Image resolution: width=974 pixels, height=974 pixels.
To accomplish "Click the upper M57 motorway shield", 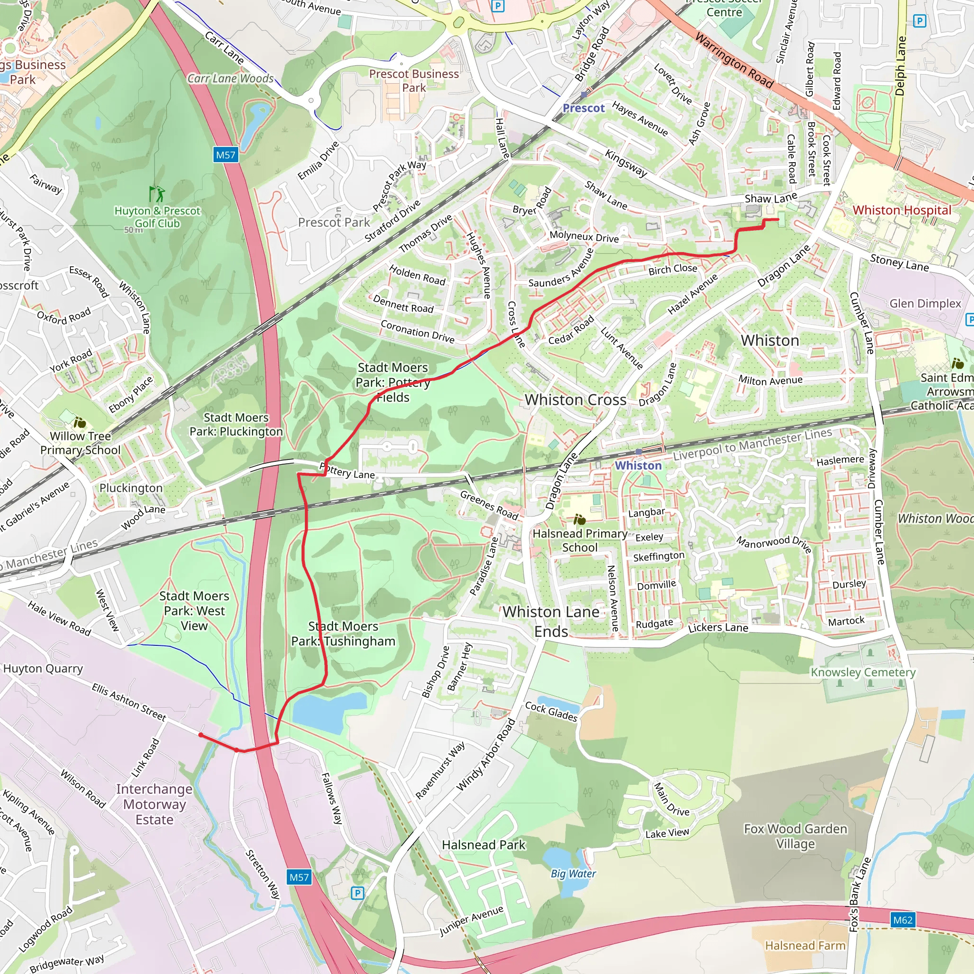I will [225, 155].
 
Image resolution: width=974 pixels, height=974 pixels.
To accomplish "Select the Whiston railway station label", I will [638, 465].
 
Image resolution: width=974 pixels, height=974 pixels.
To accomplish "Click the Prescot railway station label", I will [583, 108].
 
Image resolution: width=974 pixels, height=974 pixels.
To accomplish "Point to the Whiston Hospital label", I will [901, 210].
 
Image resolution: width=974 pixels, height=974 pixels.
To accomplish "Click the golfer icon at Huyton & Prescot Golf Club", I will [157, 194].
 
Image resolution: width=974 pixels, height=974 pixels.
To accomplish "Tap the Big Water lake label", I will [573, 874].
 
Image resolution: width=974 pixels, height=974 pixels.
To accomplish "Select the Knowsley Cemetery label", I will [863, 672].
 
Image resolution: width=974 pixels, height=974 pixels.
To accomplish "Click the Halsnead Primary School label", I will [580, 540].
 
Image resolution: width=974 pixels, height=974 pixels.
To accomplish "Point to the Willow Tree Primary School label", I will [81, 443].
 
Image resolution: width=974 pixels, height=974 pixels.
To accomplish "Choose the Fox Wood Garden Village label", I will [795, 837].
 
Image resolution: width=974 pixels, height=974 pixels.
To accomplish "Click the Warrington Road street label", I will [733, 59].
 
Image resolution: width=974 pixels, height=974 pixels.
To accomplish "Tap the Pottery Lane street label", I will [348, 472].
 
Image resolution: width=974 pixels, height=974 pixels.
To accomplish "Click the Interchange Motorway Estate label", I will [154, 804].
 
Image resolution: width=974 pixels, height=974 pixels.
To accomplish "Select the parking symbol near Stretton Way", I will [357, 893].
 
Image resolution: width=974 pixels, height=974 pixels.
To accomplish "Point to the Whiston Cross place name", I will [575, 400].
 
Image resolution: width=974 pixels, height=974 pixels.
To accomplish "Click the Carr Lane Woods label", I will [230, 78].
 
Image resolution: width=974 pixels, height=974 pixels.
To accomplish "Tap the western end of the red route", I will [201, 735].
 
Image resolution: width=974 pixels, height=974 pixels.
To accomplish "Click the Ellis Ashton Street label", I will [128, 702].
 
